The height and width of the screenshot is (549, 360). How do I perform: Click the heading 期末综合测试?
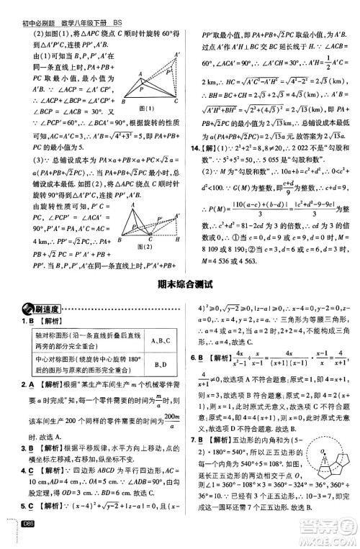179,283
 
